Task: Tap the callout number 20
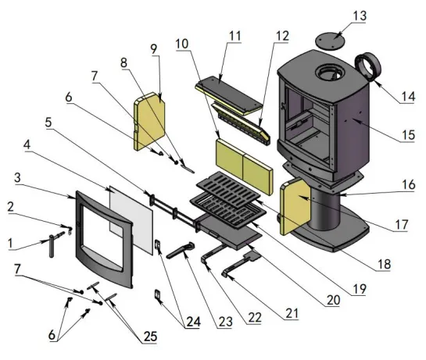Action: [335, 299]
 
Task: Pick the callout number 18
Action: [382, 263]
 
